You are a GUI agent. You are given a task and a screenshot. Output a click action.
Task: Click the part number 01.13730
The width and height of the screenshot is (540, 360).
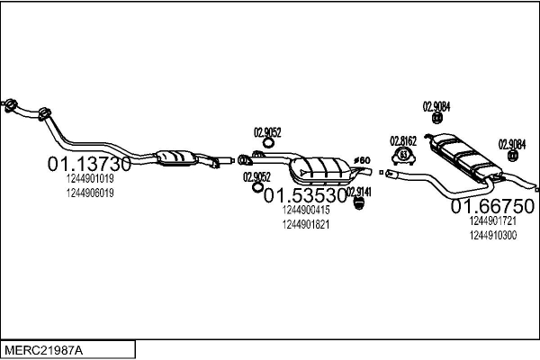click(x=89, y=164)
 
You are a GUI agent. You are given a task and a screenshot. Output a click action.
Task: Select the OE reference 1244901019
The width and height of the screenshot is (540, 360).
click(x=90, y=178)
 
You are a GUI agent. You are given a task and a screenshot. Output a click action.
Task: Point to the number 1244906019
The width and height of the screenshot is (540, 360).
click(x=90, y=193)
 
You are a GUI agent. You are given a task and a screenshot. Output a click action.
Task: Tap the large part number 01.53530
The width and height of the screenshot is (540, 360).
click(x=305, y=195)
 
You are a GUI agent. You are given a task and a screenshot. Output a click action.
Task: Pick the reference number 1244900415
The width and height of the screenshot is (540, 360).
click(x=306, y=210)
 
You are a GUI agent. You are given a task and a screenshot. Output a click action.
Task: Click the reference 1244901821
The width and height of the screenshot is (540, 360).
click(x=306, y=225)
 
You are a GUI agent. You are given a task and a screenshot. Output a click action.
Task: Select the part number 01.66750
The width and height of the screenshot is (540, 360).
click(x=492, y=206)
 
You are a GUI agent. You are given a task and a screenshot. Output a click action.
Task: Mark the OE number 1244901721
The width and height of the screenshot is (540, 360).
click(x=493, y=220)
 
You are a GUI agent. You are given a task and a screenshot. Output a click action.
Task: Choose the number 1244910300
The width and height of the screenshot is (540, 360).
click(x=493, y=236)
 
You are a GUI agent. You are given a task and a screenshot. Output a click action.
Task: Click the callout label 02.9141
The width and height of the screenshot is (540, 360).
click(x=359, y=192)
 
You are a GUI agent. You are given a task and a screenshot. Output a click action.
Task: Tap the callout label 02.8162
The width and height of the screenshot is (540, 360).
click(x=403, y=141)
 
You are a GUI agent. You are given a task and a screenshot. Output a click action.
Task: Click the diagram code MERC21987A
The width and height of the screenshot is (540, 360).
click(x=44, y=350)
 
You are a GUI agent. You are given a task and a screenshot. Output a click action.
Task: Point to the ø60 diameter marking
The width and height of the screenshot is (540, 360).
click(x=362, y=160)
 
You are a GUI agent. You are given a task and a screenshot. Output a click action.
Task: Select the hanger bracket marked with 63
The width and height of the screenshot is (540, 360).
click(x=403, y=156)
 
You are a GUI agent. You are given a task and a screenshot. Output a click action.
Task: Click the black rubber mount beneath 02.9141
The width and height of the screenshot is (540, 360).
click(x=359, y=203)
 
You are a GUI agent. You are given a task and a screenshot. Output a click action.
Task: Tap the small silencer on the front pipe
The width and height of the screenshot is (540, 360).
click(x=176, y=157)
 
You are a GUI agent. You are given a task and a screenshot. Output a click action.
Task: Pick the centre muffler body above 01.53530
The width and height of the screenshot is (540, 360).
click(x=320, y=170)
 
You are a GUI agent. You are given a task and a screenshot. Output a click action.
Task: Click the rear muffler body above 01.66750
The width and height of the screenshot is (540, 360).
click(x=465, y=156)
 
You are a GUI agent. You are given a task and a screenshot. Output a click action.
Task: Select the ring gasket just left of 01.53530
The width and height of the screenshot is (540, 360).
click(x=256, y=187)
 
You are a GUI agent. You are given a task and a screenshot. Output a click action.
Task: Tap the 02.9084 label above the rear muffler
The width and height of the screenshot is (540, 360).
click(x=436, y=107)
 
